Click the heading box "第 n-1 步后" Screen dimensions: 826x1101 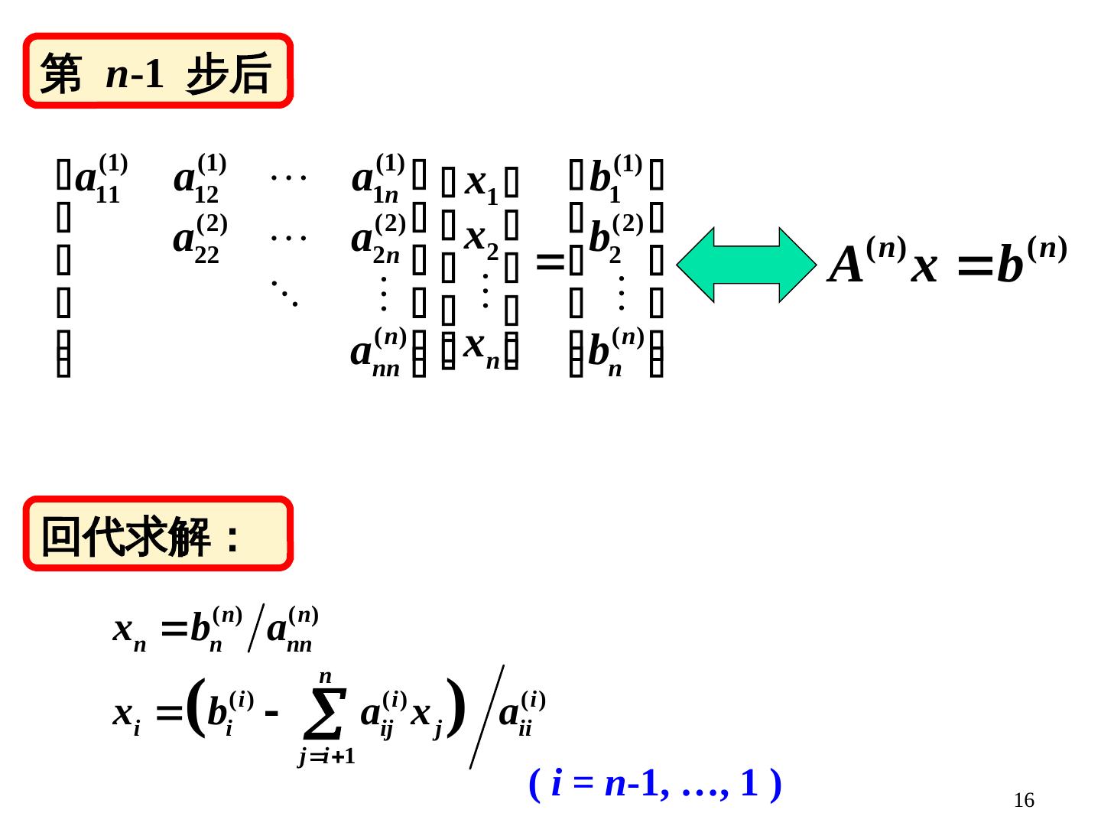158,71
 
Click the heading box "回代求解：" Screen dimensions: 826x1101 158,534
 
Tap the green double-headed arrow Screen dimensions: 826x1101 746,265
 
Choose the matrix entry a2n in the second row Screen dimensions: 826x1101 376,239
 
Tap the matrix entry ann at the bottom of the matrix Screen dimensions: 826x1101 376,352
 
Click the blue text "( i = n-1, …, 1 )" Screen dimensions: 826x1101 654,783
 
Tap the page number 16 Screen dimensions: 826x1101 1023,800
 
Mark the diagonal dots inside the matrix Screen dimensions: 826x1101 284,292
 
